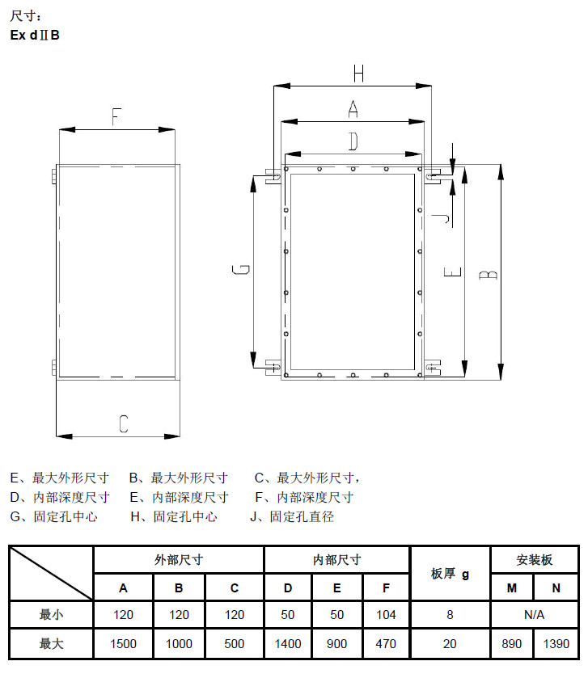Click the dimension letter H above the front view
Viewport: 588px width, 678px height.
point(358,74)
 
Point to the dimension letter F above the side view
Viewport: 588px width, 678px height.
point(116,116)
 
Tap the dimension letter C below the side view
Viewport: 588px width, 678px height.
point(124,423)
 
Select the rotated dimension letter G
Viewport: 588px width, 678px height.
point(241,269)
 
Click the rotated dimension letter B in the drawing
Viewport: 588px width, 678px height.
point(489,275)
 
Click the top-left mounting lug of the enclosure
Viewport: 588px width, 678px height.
point(273,176)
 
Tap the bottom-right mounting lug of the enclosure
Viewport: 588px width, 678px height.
point(433,368)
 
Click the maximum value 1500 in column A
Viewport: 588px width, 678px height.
point(123,644)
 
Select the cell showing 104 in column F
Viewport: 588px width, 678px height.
point(386,614)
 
